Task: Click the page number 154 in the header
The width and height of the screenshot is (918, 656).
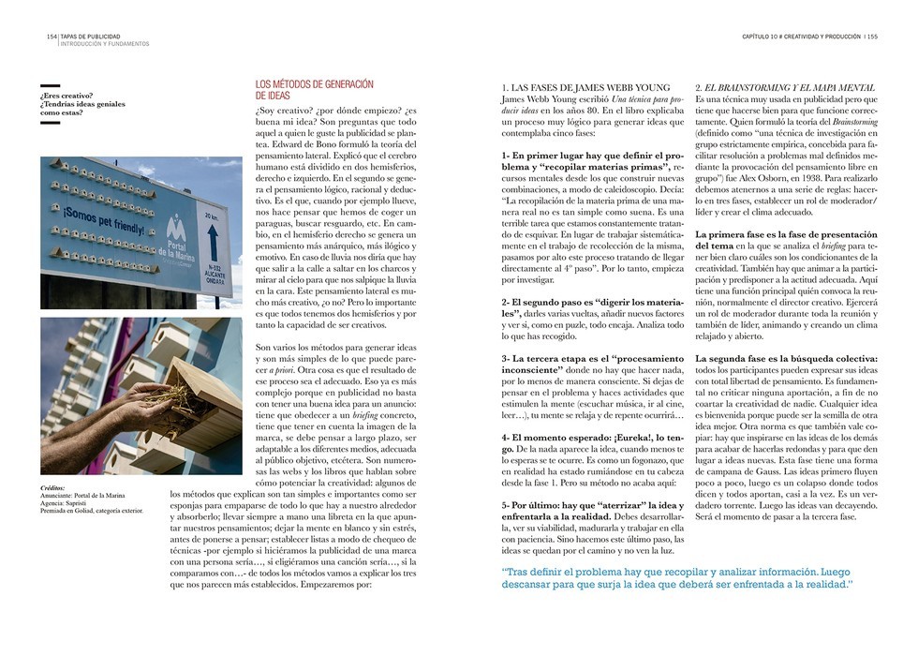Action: tap(52, 37)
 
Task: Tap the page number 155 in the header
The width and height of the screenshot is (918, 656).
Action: tap(871, 37)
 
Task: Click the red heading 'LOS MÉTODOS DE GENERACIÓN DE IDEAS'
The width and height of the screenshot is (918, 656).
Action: tap(314, 90)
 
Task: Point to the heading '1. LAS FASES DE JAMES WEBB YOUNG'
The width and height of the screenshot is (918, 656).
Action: tap(582, 88)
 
